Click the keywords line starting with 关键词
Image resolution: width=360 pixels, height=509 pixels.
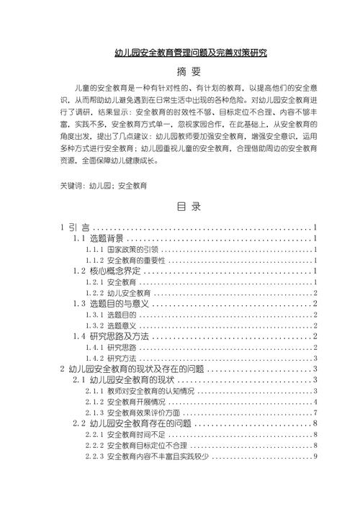tap(104, 186)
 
